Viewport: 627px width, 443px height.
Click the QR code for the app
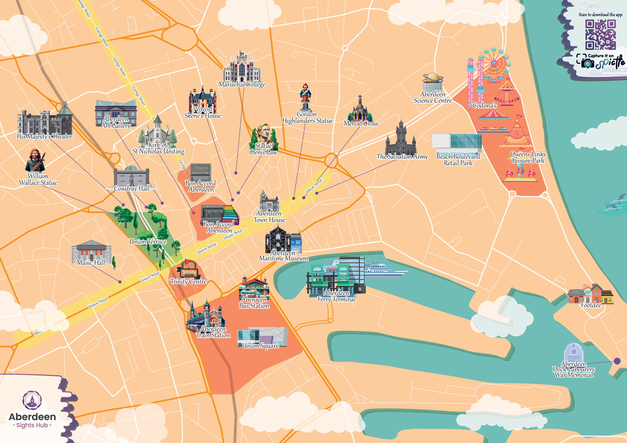[600, 35]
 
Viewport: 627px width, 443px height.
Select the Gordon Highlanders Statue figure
[306, 97]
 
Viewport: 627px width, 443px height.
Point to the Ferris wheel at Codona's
[495, 63]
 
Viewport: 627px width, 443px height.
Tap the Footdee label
[591, 305]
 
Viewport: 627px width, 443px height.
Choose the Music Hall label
[91, 263]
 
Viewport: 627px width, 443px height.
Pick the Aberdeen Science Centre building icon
[433, 82]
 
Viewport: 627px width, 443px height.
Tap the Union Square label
[260, 346]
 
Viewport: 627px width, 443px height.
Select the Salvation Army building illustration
[401, 139]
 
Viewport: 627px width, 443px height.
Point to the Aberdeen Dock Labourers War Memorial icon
[573, 352]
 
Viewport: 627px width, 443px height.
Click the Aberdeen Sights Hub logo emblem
[32, 401]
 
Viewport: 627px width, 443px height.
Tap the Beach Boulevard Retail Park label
[458, 160]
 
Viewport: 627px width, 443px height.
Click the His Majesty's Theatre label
[44, 136]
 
